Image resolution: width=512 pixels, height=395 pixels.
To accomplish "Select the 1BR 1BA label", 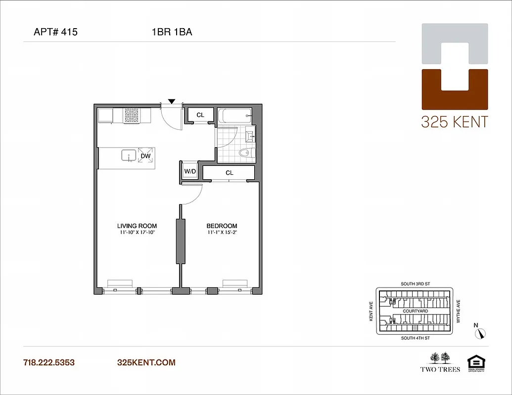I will pyautogui.click(x=172, y=33).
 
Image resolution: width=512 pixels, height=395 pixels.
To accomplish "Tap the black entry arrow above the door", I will pyautogui.click(x=171, y=101).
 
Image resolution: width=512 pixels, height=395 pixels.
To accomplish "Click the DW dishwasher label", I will pyautogui.click(x=145, y=157).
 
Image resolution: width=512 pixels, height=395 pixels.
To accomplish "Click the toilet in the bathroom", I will pyautogui.click(x=245, y=153).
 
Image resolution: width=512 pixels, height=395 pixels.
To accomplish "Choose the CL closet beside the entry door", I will pyautogui.click(x=200, y=115).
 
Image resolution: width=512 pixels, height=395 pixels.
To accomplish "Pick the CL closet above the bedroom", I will pyautogui.click(x=229, y=173).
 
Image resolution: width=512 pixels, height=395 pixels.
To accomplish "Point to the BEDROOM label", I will pyautogui.click(x=222, y=226).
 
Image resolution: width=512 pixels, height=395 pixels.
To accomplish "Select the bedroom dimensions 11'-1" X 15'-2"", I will pyautogui.click(x=222, y=233).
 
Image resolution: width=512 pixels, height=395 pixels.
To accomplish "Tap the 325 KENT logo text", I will pyautogui.click(x=454, y=121).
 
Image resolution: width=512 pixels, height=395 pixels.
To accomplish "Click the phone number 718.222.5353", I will pyautogui.click(x=49, y=362).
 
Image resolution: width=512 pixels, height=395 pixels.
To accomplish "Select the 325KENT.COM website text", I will pyautogui.click(x=146, y=362).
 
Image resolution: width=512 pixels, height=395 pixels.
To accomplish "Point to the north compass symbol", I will pyautogui.click(x=479, y=333).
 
